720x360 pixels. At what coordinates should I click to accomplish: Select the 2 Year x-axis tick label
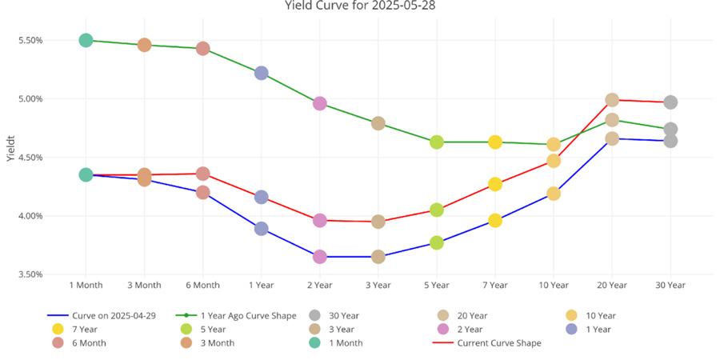click(x=320, y=285)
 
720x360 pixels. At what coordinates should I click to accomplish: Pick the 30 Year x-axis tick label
click(x=670, y=285)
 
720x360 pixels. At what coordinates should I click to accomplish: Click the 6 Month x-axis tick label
click(x=202, y=285)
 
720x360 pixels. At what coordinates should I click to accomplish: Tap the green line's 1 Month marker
click(x=86, y=40)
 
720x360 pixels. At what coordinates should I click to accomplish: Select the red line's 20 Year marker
click(x=612, y=100)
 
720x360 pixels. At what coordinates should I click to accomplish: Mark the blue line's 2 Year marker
click(x=320, y=257)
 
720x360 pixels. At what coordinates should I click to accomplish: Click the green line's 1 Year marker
click(x=261, y=73)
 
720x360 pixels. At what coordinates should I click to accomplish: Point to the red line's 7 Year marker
click(x=495, y=184)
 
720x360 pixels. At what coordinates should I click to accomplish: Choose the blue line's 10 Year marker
click(x=554, y=193)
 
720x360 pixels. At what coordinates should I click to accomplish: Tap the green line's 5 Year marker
click(x=437, y=142)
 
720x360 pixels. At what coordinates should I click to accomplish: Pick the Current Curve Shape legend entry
click(x=498, y=342)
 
